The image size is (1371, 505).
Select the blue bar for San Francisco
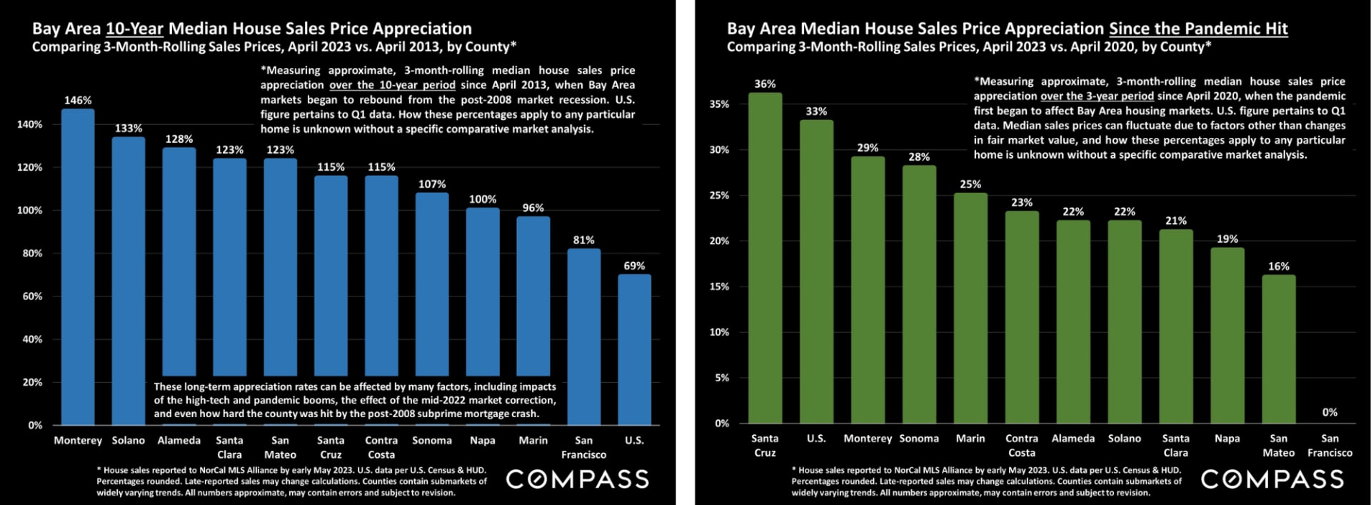coord(583,336)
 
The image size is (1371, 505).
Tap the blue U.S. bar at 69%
coord(634,349)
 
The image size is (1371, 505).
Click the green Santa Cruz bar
coord(765,258)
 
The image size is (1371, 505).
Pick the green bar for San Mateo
coord(1278,349)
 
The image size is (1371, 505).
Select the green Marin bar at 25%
coord(970,308)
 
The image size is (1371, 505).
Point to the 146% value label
coord(78,101)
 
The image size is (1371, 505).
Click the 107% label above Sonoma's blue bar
coord(432,184)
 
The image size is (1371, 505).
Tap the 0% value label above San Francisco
coord(1330,412)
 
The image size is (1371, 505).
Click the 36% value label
coord(765,84)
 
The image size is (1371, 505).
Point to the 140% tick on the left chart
coord(29,124)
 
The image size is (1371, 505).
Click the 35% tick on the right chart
coord(719,104)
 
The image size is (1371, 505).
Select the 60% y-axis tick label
coord(32,296)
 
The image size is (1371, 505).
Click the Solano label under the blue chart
coord(129,441)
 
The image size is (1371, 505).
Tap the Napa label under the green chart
coord(1227,439)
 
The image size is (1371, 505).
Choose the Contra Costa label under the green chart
coord(1021,445)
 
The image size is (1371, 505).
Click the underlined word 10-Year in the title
coord(134,29)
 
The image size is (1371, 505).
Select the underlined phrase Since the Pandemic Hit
coord(1197,29)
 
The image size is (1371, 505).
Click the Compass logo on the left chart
coord(577,479)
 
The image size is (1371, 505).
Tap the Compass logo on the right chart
coord(1272,479)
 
